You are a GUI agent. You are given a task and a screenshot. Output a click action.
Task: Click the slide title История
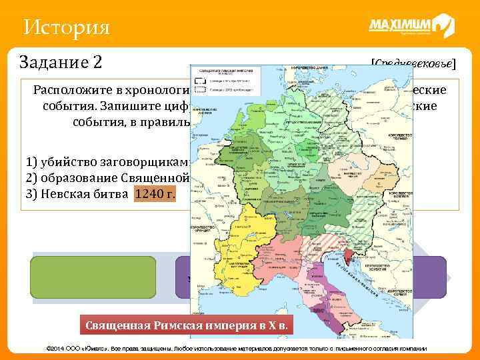click(65, 28)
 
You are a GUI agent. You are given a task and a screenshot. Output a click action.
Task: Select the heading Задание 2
click(61, 62)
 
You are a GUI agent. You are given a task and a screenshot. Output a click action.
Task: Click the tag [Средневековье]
click(413, 64)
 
